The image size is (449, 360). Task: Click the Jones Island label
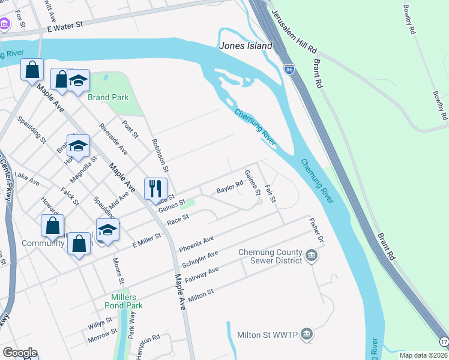pos(246,46)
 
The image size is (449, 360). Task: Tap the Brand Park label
pos(109,97)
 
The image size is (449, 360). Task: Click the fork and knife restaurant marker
pos(155,188)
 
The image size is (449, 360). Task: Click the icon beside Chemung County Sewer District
pos(312,256)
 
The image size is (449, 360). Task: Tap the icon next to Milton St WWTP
pos(306,334)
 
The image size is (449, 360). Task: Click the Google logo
pos(19,353)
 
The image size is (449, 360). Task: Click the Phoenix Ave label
pos(196,244)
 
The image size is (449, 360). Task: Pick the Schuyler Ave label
pos(200,259)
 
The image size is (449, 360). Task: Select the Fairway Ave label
pos(201,274)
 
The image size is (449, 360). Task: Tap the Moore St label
pos(118,271)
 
